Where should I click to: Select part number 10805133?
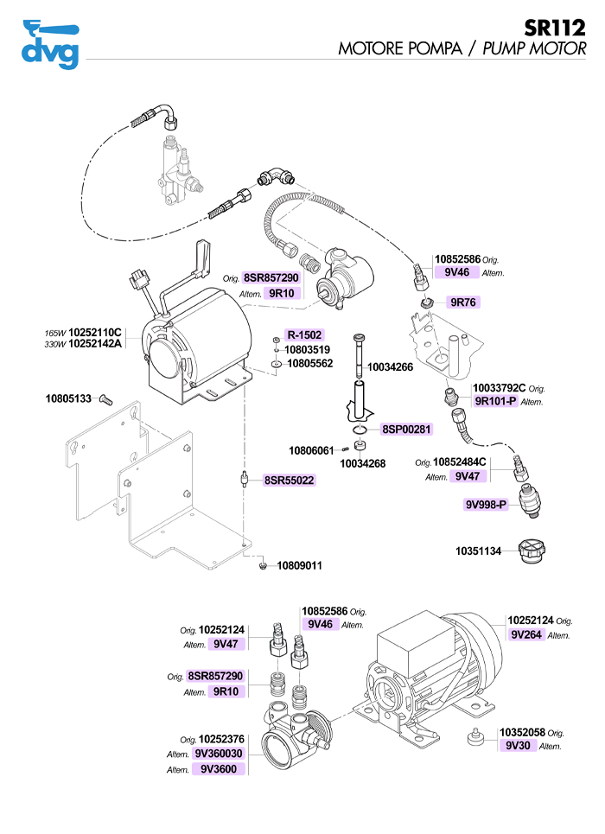67,399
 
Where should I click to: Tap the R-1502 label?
304,335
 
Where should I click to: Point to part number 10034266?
390,367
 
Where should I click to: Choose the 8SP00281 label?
406,429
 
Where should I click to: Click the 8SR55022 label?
289,480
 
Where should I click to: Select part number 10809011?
299,566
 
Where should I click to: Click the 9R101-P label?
495,401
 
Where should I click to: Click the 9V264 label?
525,634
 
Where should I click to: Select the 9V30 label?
518,745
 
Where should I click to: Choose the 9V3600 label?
220,768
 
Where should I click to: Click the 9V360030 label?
220,754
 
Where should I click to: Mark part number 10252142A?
95,344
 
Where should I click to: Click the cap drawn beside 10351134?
528,551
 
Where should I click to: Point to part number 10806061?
310,450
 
